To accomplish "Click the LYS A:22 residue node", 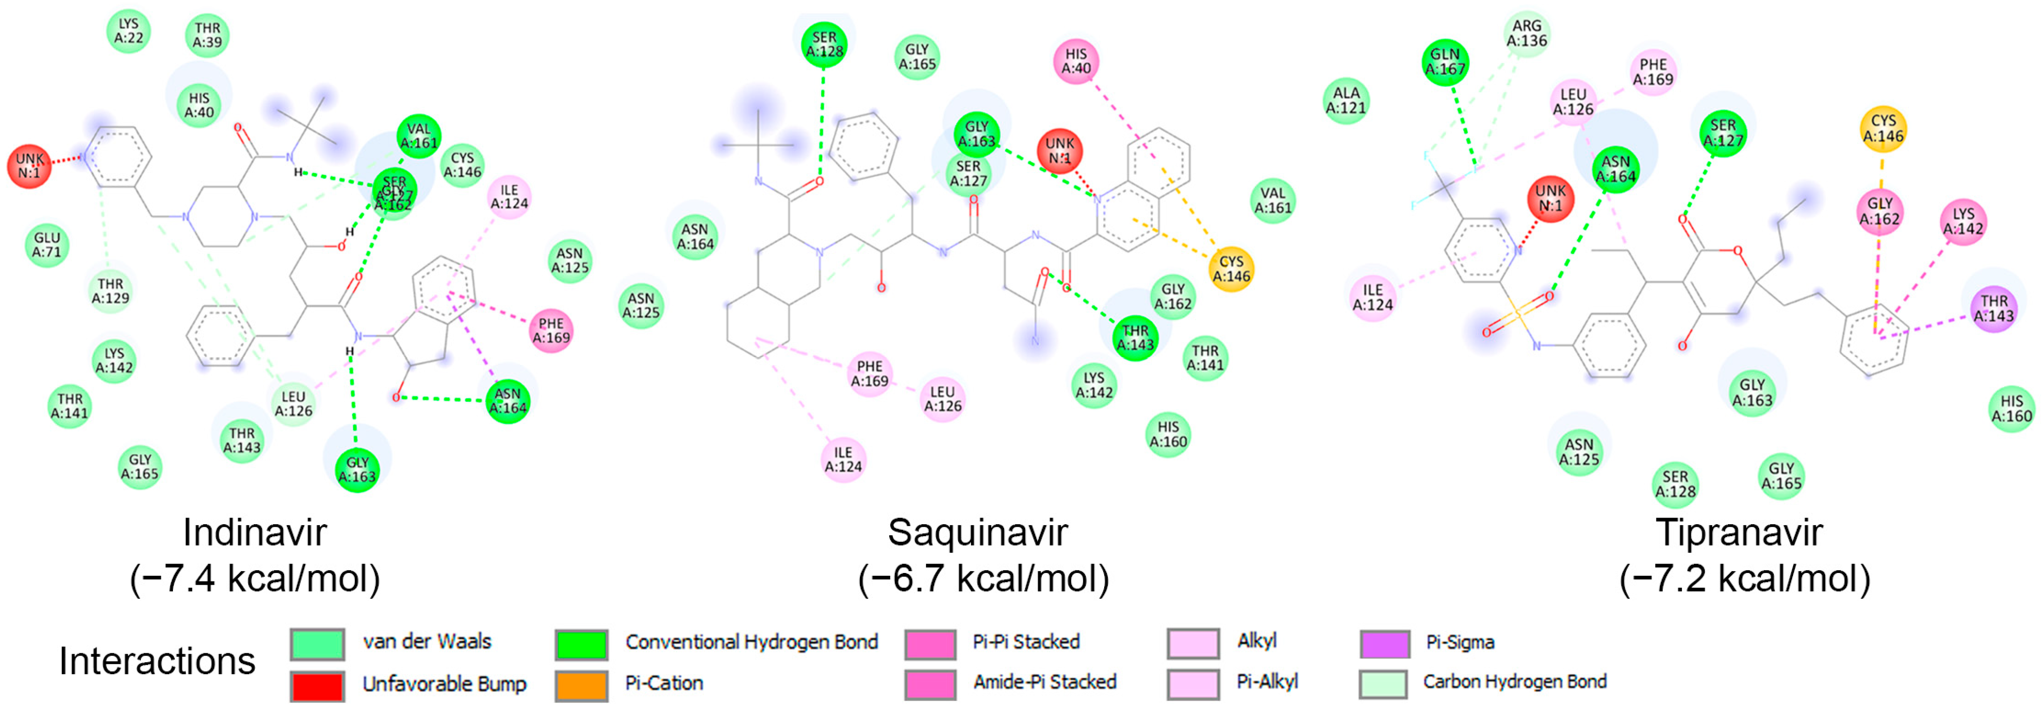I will pos(129,31).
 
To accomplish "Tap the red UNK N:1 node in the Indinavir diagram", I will pos(29,166).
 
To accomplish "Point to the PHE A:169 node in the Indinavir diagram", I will pos(551,330).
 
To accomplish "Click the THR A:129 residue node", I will pos(110,290).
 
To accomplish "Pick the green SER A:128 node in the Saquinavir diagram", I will pos(824,44).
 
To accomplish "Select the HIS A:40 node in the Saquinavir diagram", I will pos(1076,61).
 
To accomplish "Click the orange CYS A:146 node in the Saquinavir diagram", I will pos(1231,269).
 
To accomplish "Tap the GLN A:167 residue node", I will pos(1445,62).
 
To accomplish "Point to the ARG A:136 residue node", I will pos(1527,33).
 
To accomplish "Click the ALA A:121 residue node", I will pos(1346,101).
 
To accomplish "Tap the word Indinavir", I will pos(255,532).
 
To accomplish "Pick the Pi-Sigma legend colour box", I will pos(1385,643).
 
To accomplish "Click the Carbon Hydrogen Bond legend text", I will pos(1514,682).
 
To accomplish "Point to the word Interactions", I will pos(157,661).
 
